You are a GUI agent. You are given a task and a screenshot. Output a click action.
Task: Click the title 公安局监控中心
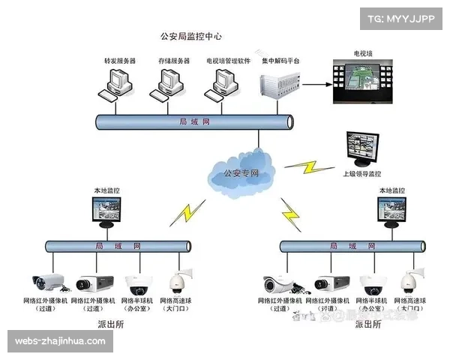(191, 35)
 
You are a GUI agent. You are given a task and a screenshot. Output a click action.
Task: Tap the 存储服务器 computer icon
(172, 82)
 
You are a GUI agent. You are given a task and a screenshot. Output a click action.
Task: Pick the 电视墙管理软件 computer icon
(226, 82)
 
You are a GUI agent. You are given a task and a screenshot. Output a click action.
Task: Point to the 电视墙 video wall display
(363, 82)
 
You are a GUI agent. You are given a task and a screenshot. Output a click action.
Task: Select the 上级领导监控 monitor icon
(359, 148)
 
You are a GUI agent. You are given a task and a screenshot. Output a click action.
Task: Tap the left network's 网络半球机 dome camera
(140, 285)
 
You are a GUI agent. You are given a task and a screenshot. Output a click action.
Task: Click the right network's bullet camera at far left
(280, 284)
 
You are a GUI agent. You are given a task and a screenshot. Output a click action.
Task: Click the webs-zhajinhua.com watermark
(60, 341)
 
